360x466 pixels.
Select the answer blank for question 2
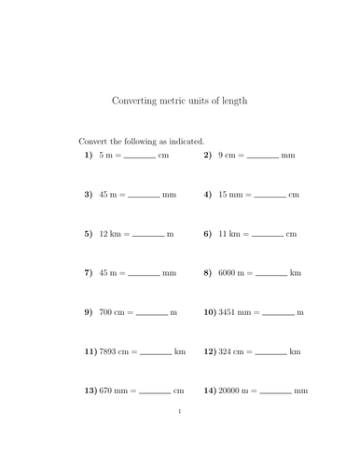coord(262,158)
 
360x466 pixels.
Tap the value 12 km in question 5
coord(112,234)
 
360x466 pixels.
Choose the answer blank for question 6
coord(267,236)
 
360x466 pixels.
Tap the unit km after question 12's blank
coord(295,351)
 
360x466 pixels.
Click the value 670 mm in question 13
coord(114,391)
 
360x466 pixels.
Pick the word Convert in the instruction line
coord(95,141)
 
